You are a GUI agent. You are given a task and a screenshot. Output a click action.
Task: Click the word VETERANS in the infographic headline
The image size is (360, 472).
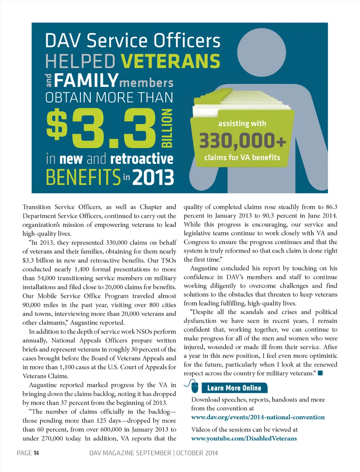pos(171,61)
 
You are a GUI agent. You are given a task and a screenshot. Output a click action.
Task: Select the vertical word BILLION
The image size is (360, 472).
pos(167,128)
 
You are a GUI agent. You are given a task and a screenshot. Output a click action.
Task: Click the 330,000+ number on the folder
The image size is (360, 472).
pos(243,141)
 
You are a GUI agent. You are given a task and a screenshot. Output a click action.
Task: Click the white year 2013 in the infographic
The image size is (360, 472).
pos(153,177)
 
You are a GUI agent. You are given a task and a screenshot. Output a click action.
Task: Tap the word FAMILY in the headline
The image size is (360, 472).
pos(86,80)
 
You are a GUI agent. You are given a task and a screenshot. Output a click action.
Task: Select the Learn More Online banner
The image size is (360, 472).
pos(234,388)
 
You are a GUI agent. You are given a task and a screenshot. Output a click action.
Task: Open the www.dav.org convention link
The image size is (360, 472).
pos(258,417)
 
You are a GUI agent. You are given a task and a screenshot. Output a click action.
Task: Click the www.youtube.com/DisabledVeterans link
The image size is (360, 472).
pos(244,438)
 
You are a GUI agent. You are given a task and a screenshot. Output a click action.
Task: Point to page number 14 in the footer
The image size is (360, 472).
pos(36,453)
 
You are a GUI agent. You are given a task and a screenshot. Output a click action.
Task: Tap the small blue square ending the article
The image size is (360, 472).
pos(320,373)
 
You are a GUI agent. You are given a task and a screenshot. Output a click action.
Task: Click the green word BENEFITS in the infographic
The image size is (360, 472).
pos(83,177)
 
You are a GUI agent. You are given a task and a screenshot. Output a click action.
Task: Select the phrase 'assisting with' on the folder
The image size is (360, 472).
pos(242,124)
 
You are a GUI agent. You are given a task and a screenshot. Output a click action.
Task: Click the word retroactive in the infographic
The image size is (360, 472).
pos(142,159)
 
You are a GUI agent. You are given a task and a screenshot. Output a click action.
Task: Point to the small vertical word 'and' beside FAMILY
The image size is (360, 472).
pos(49,81)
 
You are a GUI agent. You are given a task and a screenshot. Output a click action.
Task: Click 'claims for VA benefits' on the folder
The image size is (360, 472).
pos(242,158)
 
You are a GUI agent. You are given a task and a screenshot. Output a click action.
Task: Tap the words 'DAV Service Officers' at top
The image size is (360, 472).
pos(133,41)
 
